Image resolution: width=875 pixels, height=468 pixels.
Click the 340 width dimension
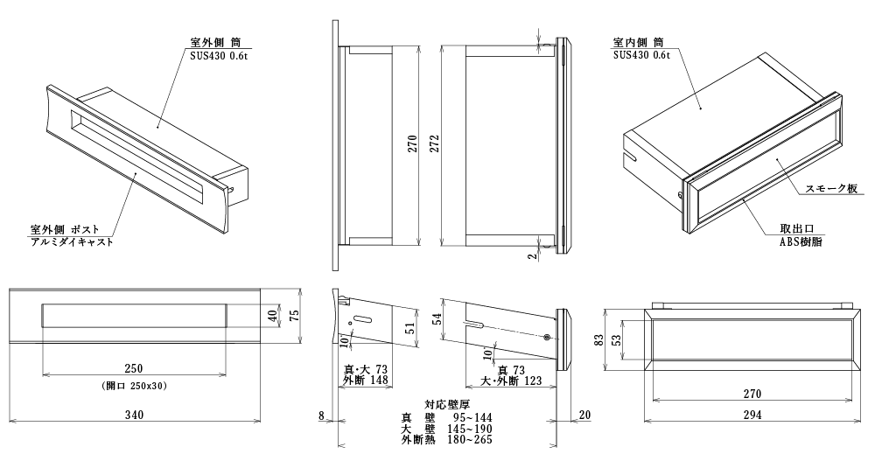click(135, 415)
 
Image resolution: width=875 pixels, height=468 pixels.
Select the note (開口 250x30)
click(134, 386)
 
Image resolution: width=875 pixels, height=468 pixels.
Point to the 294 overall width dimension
click(751, 414)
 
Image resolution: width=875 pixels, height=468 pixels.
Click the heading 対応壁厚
click(449, 404)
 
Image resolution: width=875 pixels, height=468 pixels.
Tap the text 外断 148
click(366, 381)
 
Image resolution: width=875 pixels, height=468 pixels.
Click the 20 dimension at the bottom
click(584, 415)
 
